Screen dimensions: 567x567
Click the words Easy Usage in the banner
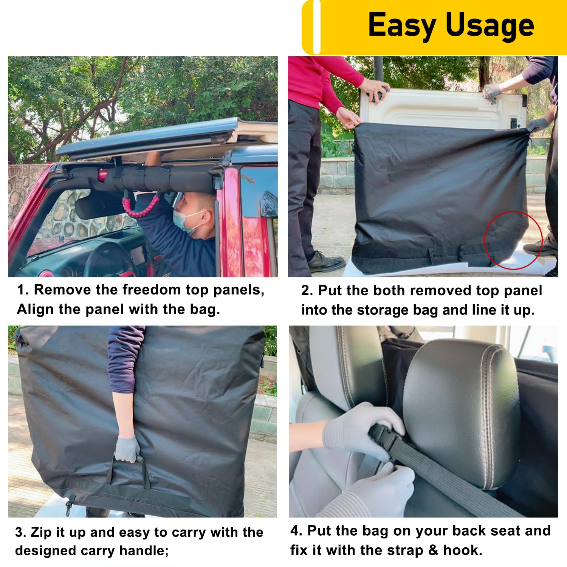point(451,25)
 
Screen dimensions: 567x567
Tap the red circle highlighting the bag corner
point(513,240)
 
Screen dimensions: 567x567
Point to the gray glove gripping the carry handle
point(127,449)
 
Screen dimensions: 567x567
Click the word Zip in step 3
point(41,532)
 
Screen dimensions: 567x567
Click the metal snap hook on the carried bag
point(68,507)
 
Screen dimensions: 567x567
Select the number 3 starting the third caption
point(20,532)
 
